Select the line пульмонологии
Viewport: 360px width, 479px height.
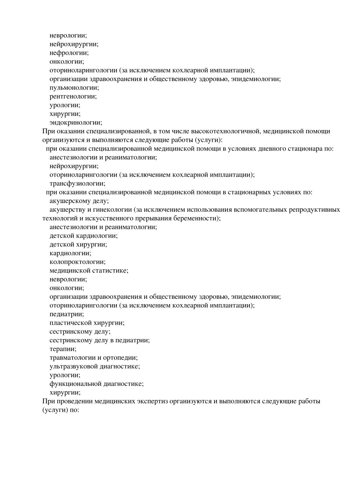[x=74, y=88]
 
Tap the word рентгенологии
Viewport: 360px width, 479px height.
[x=73, y=97]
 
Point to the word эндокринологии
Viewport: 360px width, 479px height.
[x=76, y=123]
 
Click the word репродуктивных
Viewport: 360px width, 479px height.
[x=315, y=210]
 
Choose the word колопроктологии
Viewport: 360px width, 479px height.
[x=77, y=262]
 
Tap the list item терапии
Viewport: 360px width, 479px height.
[x=63, y=349]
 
